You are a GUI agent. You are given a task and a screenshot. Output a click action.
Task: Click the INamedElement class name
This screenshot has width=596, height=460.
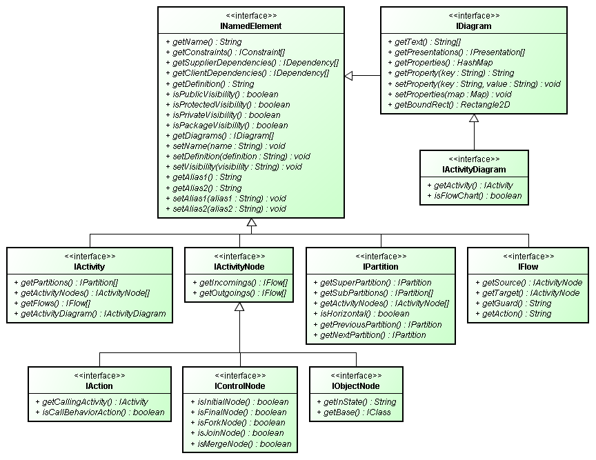[252, 26]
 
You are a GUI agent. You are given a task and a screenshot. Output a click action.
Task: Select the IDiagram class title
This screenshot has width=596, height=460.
[474, 26]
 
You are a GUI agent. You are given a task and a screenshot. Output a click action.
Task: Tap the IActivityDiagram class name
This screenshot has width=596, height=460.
[474, 170]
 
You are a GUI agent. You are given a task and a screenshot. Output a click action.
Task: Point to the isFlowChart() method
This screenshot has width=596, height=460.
[474, 196]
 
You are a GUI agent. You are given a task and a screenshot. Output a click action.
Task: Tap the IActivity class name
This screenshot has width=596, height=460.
[90, 266]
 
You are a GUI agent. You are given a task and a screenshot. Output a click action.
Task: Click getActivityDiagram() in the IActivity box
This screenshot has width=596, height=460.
[94, 314]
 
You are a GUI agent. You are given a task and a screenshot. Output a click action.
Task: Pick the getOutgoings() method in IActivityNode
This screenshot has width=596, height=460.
[239, 293]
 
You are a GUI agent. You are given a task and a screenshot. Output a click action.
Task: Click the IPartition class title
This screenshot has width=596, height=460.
[380, 266]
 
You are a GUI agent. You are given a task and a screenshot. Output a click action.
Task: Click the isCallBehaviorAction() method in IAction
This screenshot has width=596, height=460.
[99, 412]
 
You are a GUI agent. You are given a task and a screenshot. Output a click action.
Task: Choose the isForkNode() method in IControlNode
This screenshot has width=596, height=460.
[230, 423]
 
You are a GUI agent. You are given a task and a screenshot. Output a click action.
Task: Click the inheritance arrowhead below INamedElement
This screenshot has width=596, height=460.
[252, 223]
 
